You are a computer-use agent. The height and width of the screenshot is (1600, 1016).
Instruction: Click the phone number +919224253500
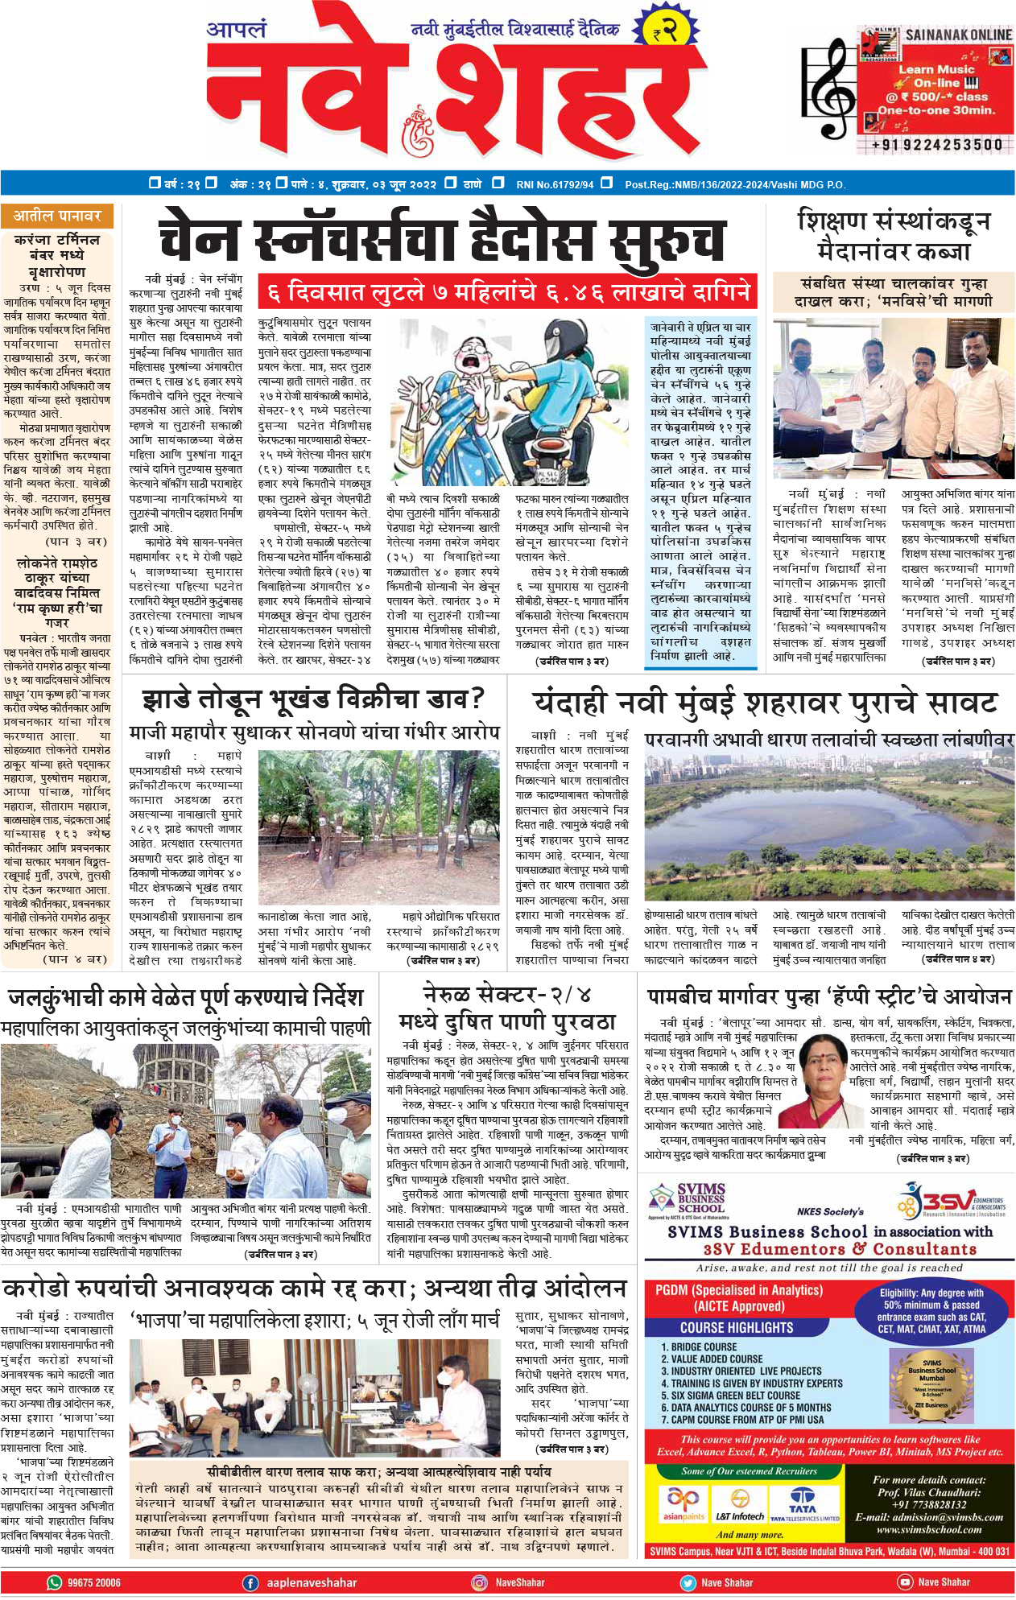point(936,145)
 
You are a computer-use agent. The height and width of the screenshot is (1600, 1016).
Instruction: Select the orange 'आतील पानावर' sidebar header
point(57,216)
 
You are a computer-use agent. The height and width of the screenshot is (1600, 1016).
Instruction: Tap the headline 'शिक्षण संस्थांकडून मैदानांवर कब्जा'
point(894,234)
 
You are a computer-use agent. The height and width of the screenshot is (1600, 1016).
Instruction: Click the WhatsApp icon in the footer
point(55,1582)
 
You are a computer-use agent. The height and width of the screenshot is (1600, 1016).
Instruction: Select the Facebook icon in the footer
point(251,1582)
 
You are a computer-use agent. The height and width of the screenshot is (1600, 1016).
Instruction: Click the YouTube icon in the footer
point(905,1582)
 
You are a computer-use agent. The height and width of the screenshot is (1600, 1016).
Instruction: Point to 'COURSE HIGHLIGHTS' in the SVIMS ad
point(737,1327)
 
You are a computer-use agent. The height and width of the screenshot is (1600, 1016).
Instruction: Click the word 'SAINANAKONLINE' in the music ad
point(958,35)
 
